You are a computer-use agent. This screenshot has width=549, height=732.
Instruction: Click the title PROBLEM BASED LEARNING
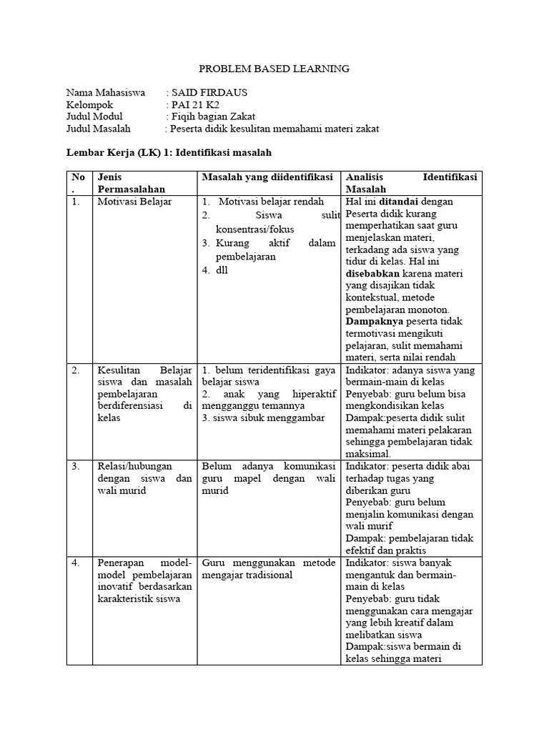(x=274, y=69)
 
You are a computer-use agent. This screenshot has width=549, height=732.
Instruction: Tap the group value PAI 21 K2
(x=194, y=104)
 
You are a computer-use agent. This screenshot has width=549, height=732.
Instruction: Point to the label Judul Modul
(x=94, y=117)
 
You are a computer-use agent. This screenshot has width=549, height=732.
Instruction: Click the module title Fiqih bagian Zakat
(x=213, y=117)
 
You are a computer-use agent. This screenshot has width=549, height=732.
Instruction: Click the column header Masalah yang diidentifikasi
(x=267, y=177)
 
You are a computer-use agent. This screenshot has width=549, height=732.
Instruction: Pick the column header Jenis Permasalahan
(x=132, y=183)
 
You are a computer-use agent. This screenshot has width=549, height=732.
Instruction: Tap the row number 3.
(x=75, y=466)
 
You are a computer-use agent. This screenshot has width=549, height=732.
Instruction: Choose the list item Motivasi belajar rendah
(x=271, y=202)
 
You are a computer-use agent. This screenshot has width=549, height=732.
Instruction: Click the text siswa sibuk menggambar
(x=263, y=418)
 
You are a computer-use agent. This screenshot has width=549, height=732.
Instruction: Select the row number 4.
(x=75, y=563)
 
